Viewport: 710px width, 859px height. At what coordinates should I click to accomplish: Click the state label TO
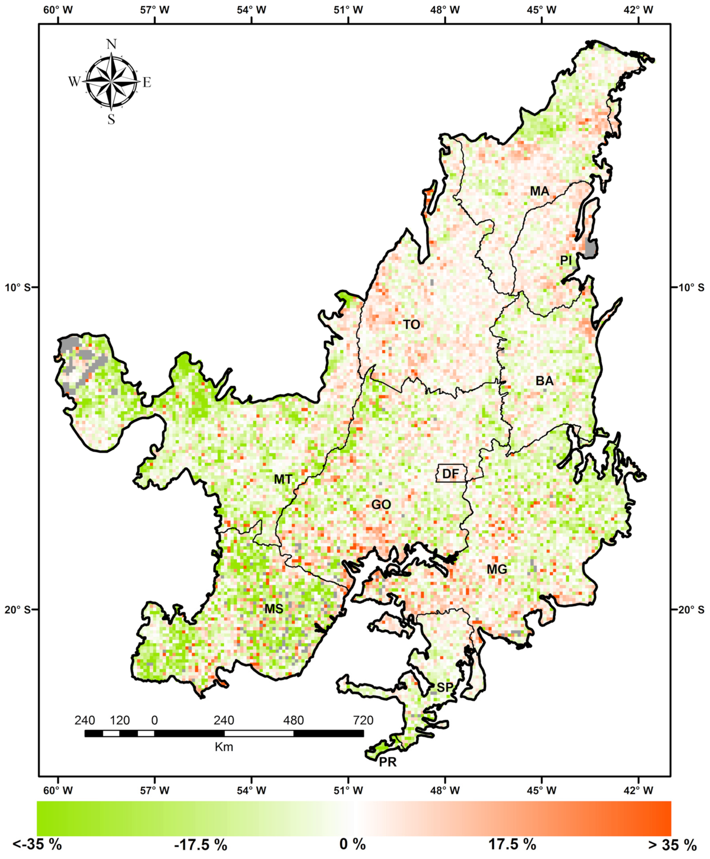click(x=412, y=324)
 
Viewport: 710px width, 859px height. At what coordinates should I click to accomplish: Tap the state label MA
click(x=540, y=191)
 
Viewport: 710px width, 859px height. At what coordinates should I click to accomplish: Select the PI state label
click(x=566, y=260)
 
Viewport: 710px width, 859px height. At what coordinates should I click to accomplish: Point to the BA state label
click(x=544, y=381)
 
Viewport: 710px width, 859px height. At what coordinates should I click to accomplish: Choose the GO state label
click(x=381, y=505)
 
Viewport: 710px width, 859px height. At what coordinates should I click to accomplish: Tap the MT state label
click(x=283, y=479)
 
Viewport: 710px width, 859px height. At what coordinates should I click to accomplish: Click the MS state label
click(x=274, y=609)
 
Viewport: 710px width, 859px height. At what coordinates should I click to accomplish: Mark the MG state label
click(x=497, y=569)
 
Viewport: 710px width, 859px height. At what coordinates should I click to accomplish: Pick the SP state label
click(x=445, y=687)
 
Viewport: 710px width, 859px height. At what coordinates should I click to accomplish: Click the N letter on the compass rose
click(x=111, y=44)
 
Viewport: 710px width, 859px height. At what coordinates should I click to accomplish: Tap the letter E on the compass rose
click(x=147, y=83)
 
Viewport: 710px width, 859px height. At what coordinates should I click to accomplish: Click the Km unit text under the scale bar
click(x=224, y=747)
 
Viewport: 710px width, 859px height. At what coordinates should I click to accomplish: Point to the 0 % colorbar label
click(x=352, y=844)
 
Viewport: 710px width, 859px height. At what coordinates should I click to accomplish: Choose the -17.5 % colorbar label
click(x=200, y=844)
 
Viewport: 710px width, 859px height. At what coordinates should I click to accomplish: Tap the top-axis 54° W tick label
click(x=251, y=10)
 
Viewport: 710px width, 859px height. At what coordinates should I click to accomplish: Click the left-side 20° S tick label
click(x=18, y=610)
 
